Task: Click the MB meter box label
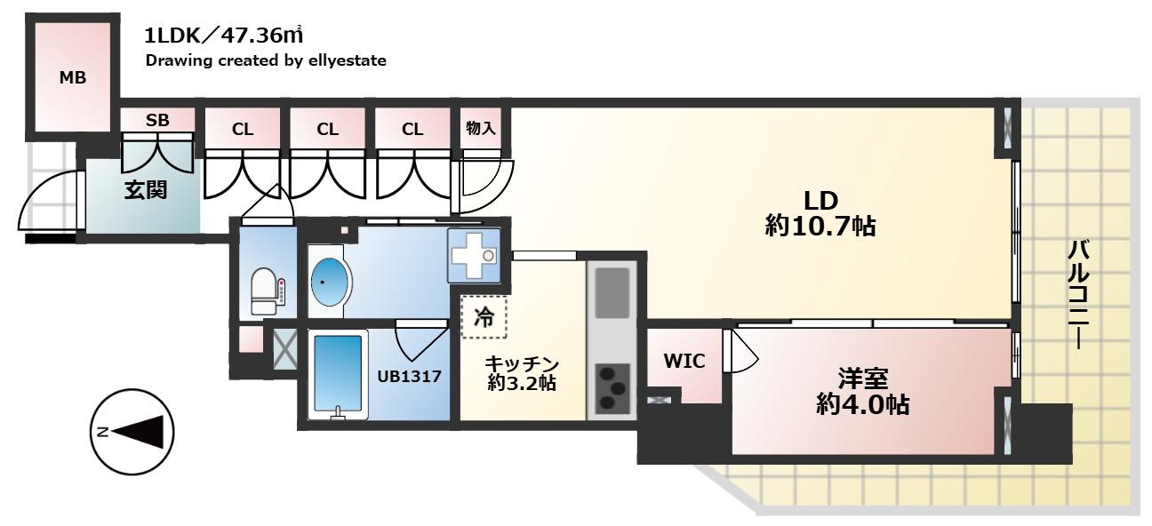(73, 78)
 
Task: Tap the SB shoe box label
(157, 120)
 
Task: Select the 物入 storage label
(480, 128)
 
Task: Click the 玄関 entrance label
(146, 190)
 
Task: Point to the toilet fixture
(267, 291)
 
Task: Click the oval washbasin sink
(330, 283)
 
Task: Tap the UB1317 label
(410, 377)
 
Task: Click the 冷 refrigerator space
(484, 317)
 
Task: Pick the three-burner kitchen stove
(612, 388)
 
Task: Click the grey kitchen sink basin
(612, 292)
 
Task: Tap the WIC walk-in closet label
(684, 362)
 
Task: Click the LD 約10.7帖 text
(820, 213)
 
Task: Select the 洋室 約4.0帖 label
(862, 392)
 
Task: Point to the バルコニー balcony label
(1078, 295)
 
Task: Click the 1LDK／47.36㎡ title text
(224, 36)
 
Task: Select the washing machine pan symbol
(474, 256)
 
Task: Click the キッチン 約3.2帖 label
(522, 374)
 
